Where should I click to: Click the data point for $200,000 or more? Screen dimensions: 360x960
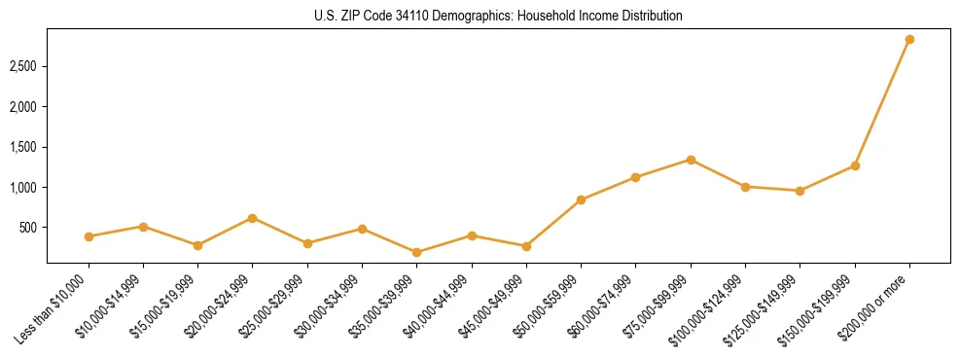pyautogui.click(x=909, y=40)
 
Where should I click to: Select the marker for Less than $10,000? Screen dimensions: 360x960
pyautogui.click(x=89, y=236)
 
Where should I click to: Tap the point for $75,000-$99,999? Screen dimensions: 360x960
pyautogui.click(x=691, y=160)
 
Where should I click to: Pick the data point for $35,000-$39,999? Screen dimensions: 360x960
pyautogui.click(x=417, y=252)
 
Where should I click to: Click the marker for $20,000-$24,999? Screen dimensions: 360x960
pyautogui.click(x=253, y=218)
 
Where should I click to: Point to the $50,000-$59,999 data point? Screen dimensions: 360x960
pyautogui.click(x=581, y=199)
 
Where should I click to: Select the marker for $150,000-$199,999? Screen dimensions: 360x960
pyautogui.click(x=855, y=165)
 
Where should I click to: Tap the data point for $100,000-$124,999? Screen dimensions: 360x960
pyautogui.click(x=745, y=187)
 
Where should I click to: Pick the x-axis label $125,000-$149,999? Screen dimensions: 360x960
pyautogui.click(x=763, y=306)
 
